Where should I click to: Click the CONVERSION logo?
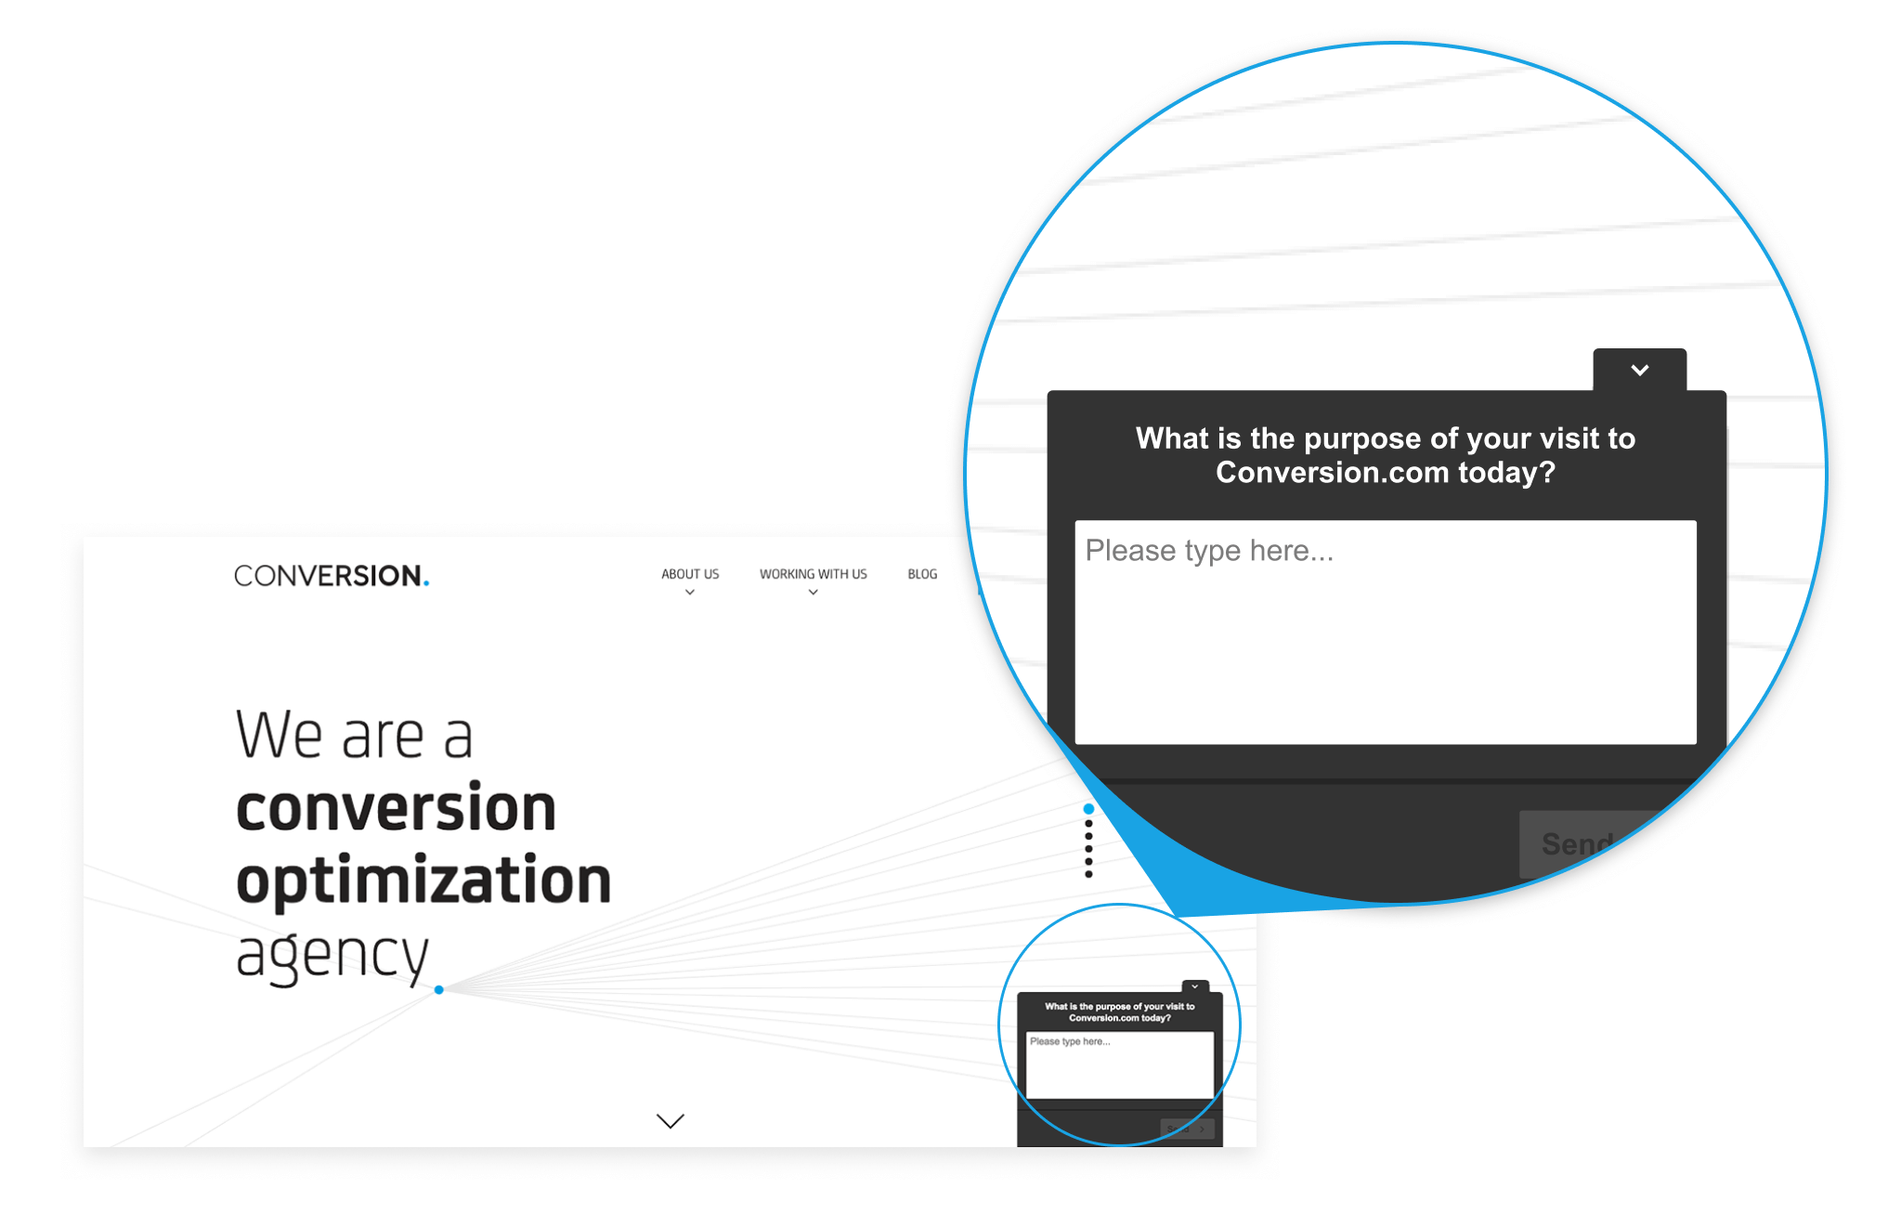(331, 576)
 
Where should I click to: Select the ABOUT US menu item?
(690, 574)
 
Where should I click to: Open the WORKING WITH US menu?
(814, 574)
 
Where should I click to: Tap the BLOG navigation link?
(922, 574)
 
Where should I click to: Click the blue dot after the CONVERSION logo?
(426, 583)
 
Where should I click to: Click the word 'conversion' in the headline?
(396, 807)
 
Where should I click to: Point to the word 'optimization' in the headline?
(423, 880)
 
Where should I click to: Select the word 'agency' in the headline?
(332, 956)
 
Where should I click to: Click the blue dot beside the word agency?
(439, 990)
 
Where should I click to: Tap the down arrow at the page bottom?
(671, 1121)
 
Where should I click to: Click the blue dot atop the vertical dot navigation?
(1089, 809)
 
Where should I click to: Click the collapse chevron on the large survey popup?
(1640, 370)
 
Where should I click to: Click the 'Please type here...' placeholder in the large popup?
(1209, 551)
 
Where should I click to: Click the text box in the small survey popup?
(1120, 1064)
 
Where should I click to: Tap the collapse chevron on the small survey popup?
(1195, 986)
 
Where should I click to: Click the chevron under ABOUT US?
(690, 593)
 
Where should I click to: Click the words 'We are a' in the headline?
(354, 735)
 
